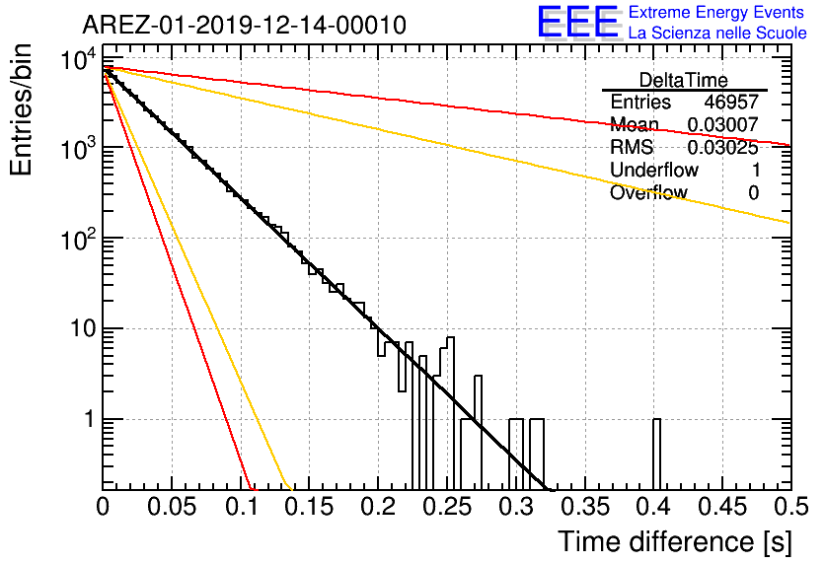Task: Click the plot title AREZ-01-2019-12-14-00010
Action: click(x=244, y=25)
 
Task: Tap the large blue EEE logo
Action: click(x=578, y=22)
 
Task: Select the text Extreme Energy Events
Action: click(x=716, y=12)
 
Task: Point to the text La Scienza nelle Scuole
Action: click(x=717, y=33)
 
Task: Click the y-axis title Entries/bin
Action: click(x=21, y=109)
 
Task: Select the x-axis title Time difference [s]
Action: click(x=675, y=541)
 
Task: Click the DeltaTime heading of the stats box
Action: click(x=684, y=80)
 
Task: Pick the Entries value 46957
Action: click(x=731, y=102)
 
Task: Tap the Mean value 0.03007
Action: click(x=723, y=124)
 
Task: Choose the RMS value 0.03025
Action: click(x=723, y=147)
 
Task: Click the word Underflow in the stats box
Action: click(x=654, y=170)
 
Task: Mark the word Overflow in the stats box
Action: click(x=648, y=192)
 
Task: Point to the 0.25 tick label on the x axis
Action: click(x=447, y=507)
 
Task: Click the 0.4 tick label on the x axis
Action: click(x=654, y=507)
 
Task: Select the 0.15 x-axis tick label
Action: click(x=309, y=507)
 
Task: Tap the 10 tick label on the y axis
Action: click(x=83, y=329)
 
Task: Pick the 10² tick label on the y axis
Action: click(x=79, y=240)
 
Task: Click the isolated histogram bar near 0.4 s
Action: click(x=656, y=455)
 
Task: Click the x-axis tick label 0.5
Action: click(x=791, y=507)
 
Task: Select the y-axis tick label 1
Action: click(x=90, y=419)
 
